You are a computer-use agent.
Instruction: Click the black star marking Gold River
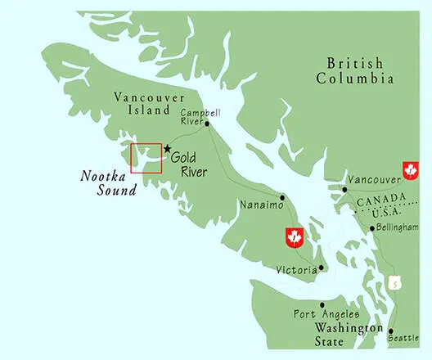coord(168,149)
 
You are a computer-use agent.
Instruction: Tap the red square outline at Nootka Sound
coord(146,158)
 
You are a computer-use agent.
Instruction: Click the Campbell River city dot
coord(208,124)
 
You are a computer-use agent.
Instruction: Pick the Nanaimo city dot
coord(283,197)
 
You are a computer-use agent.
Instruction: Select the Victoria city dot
coord(322,268)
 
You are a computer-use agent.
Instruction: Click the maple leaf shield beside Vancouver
coord(409,170)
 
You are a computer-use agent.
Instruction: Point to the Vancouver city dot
coord(344,189)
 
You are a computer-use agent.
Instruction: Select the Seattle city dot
coord(390,331)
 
